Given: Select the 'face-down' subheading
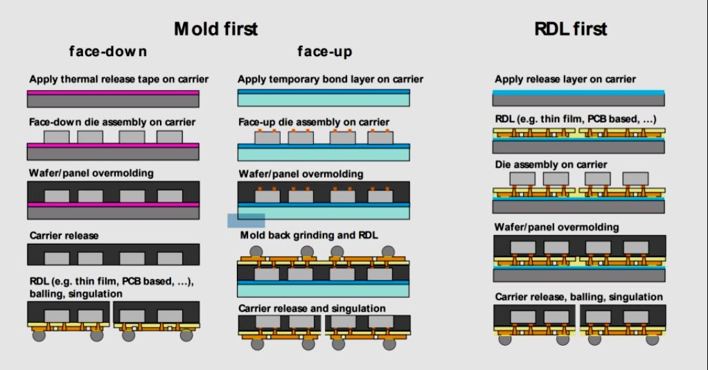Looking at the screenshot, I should point(107,52).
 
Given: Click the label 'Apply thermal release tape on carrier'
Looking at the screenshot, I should point(118,79).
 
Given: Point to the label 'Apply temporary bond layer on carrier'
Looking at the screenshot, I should point(330,79).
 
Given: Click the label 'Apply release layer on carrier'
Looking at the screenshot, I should point(565,79).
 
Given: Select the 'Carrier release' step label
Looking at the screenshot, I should point(63,236).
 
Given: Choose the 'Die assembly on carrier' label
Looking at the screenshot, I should point(550,164).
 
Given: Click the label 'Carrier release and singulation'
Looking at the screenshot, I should point(312,308).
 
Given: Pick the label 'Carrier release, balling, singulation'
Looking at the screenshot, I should point(578,297).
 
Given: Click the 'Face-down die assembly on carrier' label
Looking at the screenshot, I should point(112,123).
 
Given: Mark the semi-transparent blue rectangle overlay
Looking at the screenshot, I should point(246,220).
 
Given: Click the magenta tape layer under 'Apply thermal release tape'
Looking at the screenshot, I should point(114,92).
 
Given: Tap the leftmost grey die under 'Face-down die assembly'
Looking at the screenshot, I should point(57,137).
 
